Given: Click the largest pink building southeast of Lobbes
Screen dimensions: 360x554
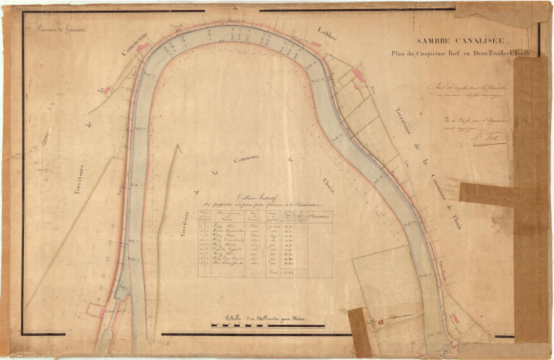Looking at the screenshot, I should [x=358, y=74].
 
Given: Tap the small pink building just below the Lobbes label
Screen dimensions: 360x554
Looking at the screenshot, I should [x=316, y=44].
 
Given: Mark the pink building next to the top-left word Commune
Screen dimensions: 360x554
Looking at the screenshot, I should [x=142, y=47].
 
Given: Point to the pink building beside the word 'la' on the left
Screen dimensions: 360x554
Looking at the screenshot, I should [x=106, y=91].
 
